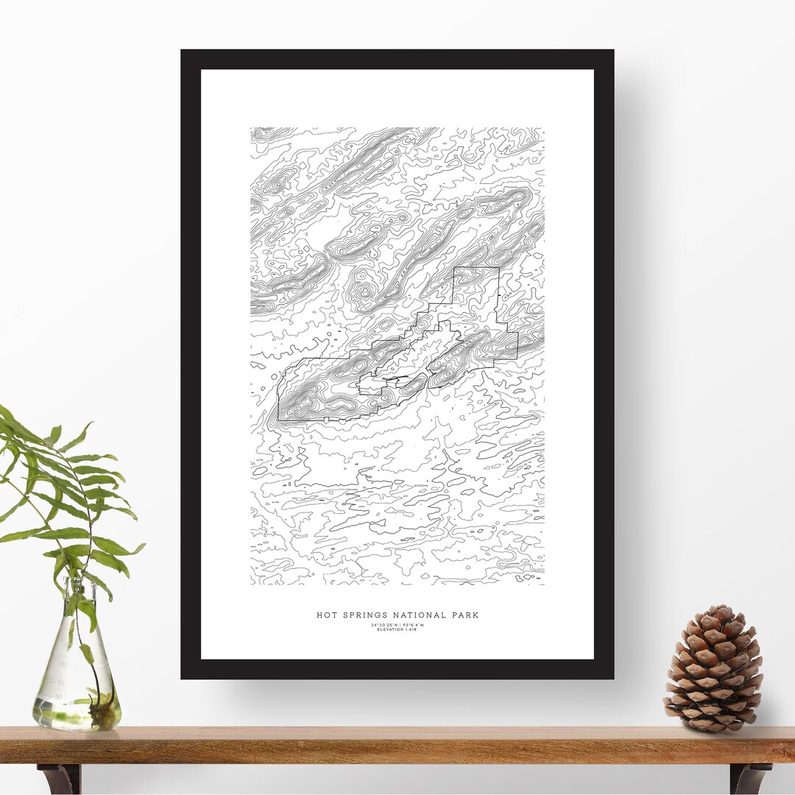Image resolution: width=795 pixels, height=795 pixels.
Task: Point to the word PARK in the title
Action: point(464,615)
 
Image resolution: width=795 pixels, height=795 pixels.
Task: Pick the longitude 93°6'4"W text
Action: point(414,625)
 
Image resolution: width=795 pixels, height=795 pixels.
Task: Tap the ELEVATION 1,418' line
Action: point(397,630)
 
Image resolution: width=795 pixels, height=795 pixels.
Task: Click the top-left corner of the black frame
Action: point(183,52)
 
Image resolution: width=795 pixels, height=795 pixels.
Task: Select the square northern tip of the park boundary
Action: point(476,268)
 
